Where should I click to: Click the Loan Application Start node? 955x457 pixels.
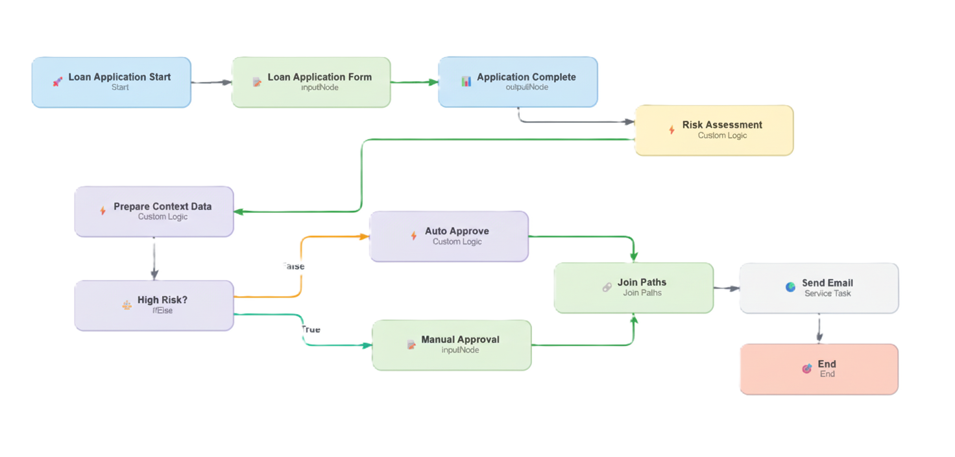pyautogui.click(x=111, y=82)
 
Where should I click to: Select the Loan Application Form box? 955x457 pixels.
pyautogui.click(x=311, y=82)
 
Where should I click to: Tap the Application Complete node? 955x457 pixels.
pyautogui.click(x=517, y=82)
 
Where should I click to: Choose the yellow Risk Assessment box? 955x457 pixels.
pyautogui.click(x=713, y=130)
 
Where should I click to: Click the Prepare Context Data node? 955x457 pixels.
pyautogui.click(x=154, y=211)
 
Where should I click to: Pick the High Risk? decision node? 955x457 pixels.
pyautogui.click(x=154, y=305)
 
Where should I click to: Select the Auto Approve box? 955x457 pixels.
pyautogui.click(x=448, y=236)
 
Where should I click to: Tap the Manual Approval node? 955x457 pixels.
pyautogui.click(x=451, y=344)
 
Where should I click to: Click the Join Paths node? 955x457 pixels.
pyautogui.click(x=633, y=287)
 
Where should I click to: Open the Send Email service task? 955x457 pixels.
pyautogui.click(x=818, y=288)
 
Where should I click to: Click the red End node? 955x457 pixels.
pyautogui.click(x=818, y=369)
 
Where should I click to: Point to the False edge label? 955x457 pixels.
pyautogui.click(x=293, y=266)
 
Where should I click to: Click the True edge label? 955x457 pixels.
pyautogui.click(x=310, y=329)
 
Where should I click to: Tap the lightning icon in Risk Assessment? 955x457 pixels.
pyautogui.click(x=671, y=130)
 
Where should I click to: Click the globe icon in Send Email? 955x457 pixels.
pyautogui.click(x=790, y=287)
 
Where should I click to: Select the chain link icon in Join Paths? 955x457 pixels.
pyautogui.click(x=607, y=287)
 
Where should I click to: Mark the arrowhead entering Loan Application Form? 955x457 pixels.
pyautogui.click(x=226, y=82)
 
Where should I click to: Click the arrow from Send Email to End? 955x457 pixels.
pyautogui.click(x=819, y=328)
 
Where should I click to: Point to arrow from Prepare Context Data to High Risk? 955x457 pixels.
pyautogui.click(x=154, y=258)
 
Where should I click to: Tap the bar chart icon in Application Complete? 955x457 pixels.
pyautogui.click(x=466, y=82)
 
